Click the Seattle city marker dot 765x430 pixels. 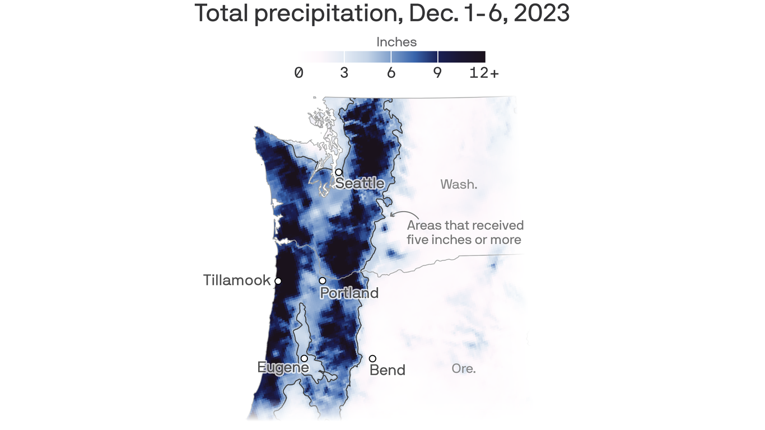click(x=339, y=172)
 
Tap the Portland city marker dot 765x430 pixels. click(x=323, y=281)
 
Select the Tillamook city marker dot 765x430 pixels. click(x=278, y=281)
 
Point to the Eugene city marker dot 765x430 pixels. click(x=304, y=358)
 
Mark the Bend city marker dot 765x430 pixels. click(x=372, y=358)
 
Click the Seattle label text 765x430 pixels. click(x=360, y=184)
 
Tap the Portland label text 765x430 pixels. click(x=349, y=293)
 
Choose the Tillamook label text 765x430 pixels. click(x=237, y=281)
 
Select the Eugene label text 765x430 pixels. click(x=283, y=367)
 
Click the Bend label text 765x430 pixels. click(x=388, y=370)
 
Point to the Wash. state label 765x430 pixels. click(x=459, y=184)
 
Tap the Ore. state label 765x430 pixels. click(x=464, y=369)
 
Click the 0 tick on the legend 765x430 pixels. click(x=298, y=73)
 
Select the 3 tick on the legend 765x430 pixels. click(x=344, y=73)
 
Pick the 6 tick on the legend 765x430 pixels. click(x=391, y=73)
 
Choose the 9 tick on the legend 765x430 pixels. click(x=437, y=73)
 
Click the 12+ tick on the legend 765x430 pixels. click(x=484, y=73)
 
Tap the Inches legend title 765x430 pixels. click(x=397, y=42)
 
